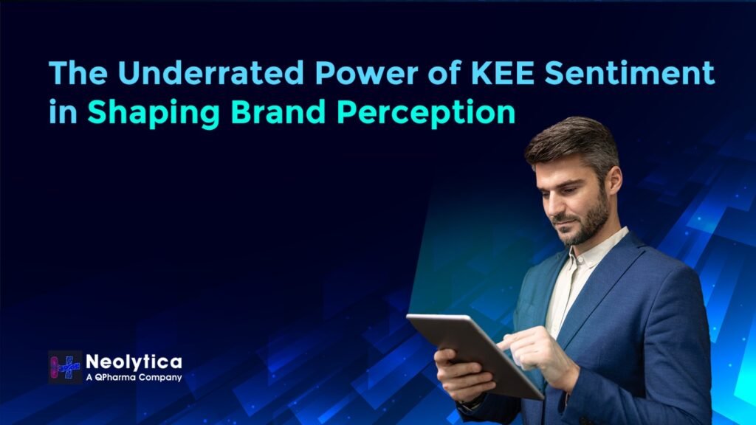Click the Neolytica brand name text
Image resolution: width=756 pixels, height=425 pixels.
pyautogui.click(x=134, y=362)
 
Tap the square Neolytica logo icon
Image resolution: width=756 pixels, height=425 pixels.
pyautogui.click(x=65, y=367)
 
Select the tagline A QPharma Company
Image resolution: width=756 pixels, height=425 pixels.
pyautogui.click(x=134, y=378)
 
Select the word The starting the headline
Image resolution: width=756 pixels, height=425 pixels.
pyautogui.click(x=71, y=74)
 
